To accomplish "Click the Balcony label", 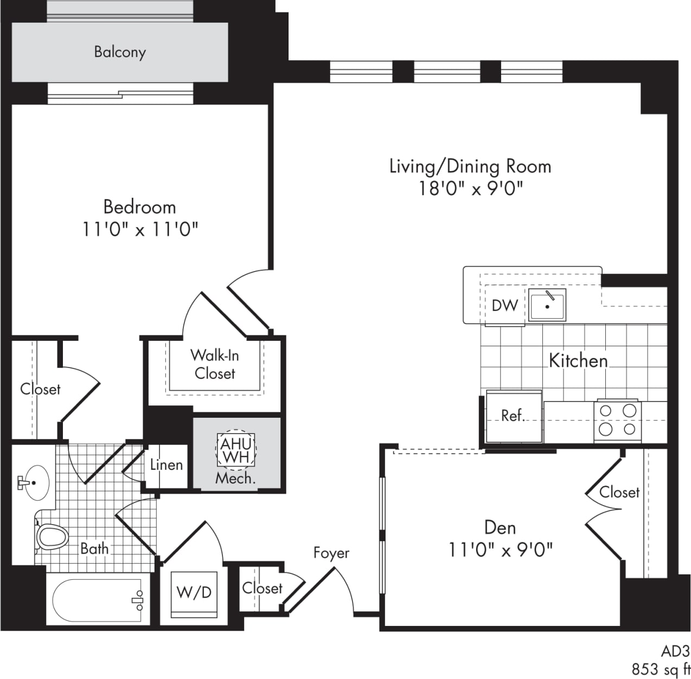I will tap(120, 52).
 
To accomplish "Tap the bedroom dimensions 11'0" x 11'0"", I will tap(140, 229).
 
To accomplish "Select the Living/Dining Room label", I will tap(470, 166).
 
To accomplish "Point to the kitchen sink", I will tap(547, 305).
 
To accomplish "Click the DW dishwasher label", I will tap(504, 306).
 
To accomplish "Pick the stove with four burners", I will tap(618, 420).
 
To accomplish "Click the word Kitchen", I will tap(578, 360).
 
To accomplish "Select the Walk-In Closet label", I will tap(215, 364).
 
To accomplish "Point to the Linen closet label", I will tap(166, 465).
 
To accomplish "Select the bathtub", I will tap(98, 601).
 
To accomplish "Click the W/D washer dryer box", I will tap(194, 593).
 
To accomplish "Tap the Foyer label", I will tap(331, 553).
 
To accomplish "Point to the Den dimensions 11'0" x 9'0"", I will tap(500, 550).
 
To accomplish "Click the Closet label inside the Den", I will tap(619, 492).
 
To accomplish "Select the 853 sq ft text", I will tap(661, 669).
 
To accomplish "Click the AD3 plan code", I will tap(675, 651).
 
